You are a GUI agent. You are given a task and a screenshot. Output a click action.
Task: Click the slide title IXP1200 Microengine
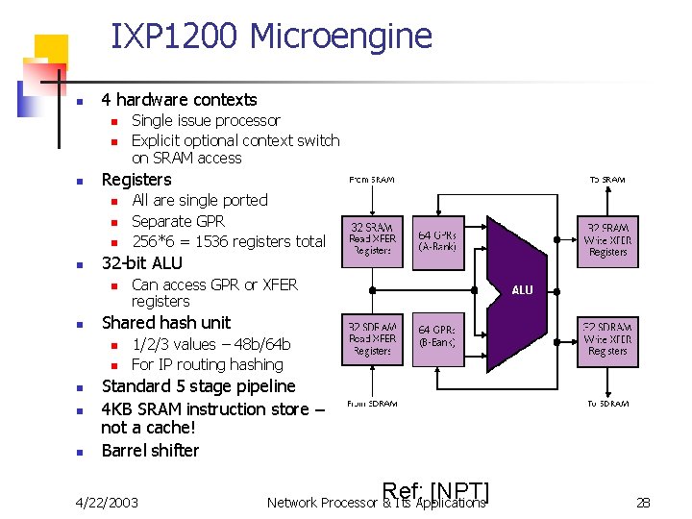(x=271, y=37)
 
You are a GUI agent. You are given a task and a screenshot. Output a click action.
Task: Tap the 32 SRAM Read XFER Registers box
(x=371, y=237)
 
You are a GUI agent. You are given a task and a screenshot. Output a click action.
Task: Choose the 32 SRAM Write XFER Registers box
(x=607, y=238)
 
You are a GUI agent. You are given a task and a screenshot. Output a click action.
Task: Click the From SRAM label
(x=371, y=179)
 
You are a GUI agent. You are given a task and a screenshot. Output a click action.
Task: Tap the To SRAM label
(x=606, y=179)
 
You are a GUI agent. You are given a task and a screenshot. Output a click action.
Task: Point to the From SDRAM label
(x=371, y=404)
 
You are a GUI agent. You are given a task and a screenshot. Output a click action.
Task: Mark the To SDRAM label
(x=607, y=404)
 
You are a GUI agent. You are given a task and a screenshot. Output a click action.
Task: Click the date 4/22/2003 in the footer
(x=107, y=502)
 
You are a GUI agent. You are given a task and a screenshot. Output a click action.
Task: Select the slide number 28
(x=643, y=502)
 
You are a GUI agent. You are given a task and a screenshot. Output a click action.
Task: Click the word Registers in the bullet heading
(x=136, y=180)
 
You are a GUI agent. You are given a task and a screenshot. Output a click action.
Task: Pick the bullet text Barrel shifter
(x=150, y=451)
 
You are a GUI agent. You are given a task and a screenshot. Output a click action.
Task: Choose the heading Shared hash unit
(x=166, y=323)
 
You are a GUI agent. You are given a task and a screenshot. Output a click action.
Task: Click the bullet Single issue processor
(x=206, y=121)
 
